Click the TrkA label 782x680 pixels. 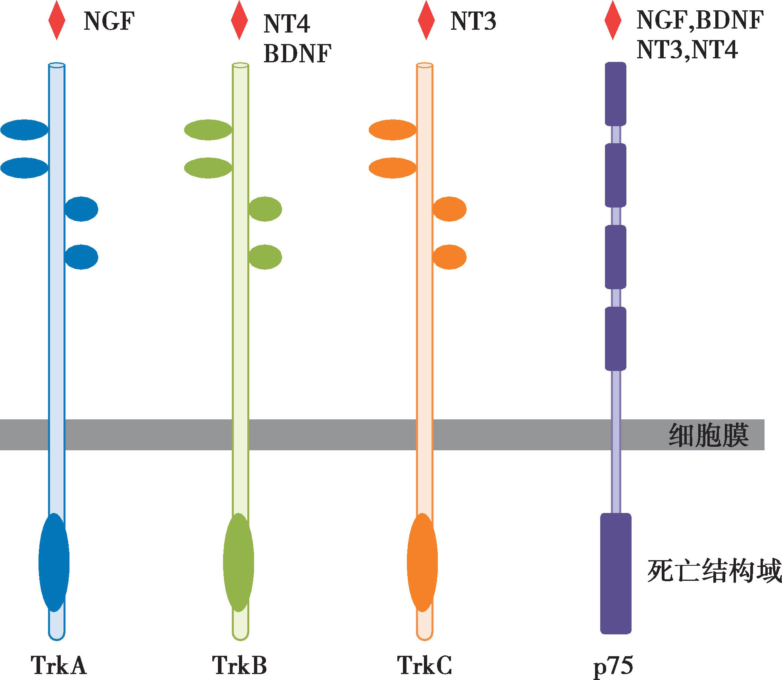58,665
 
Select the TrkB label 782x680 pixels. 239,665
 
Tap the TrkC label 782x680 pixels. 424,665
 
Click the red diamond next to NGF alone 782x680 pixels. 57,20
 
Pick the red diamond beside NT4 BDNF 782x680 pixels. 239,20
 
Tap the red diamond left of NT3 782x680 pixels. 426,20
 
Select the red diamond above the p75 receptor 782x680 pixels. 613,20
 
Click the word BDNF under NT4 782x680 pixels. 297,54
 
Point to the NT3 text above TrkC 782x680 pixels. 473,21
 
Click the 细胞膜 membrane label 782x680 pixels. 709,435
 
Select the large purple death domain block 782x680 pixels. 616,573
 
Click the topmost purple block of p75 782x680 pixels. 616,94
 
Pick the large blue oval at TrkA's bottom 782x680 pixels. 54,563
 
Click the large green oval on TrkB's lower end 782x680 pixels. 239,563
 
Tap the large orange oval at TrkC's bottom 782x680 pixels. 422,563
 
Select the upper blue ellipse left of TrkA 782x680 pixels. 25,130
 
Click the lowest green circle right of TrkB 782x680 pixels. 265,257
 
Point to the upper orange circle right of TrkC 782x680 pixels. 449,209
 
